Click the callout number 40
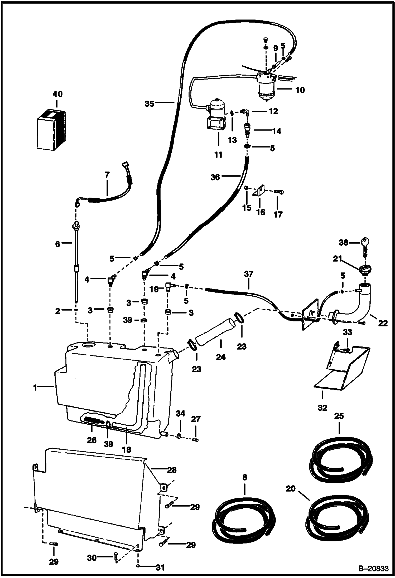point(58,94)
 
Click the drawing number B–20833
point(373,569)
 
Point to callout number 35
point(149,104)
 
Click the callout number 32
point(322,408)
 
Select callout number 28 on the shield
point(172,470)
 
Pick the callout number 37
point(248,274)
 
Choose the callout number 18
point(127,449)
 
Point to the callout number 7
point(107,175)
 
